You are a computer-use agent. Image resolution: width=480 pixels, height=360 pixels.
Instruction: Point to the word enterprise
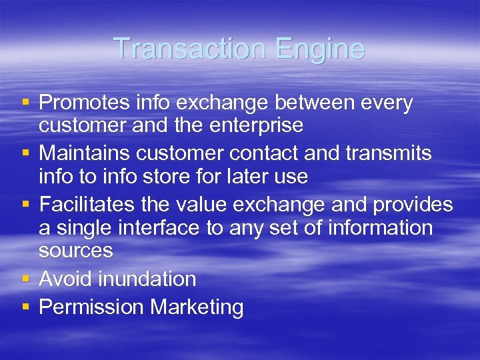[255, 125]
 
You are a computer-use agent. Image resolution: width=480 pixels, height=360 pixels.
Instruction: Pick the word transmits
[390, 153]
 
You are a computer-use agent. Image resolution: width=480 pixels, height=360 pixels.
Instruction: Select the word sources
[75, 251]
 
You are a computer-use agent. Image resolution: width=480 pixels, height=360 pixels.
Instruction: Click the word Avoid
[65, 279]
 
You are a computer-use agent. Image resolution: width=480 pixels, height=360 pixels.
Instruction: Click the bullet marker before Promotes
[25, 103]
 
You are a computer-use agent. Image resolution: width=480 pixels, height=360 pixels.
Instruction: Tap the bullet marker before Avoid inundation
[25, 279]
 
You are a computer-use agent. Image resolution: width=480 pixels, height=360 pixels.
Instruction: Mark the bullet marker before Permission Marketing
[25, 307]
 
